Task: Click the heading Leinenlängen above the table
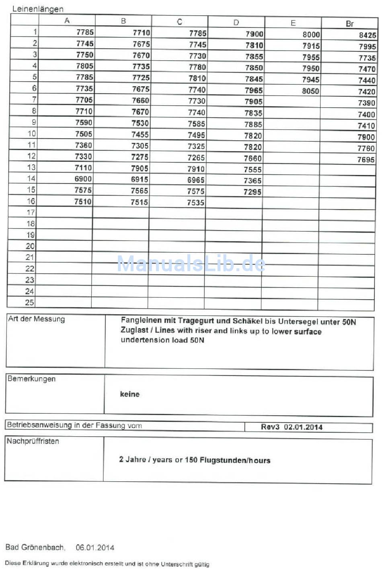coord(38,9)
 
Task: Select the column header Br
coord(349,24)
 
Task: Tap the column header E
coord(293,23)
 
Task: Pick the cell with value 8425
coord(367,35)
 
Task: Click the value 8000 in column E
coord(311,35)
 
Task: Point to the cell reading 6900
coord(83,179)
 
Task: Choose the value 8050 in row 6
coord(310,91)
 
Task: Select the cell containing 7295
coord(253,192)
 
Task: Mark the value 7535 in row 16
coord(196,202)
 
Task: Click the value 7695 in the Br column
coord(366,159)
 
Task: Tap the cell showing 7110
coord(83,168)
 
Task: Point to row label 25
coord(30,302)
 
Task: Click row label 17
coord(31,212)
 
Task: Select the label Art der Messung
coord(37,319)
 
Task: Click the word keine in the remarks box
coord(129,394)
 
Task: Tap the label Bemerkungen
coord(31,379)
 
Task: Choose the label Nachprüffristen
coord(33,441)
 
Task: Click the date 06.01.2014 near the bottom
coord(95,547)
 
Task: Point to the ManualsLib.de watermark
coord(191,264)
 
